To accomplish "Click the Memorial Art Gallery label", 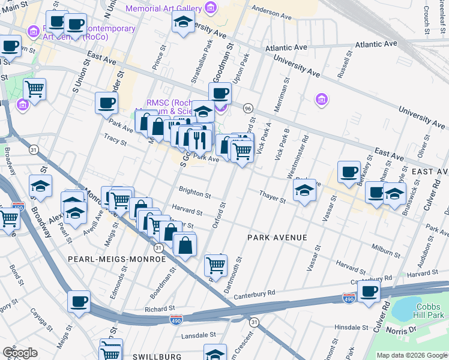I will (163, 8).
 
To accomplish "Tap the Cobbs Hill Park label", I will (430, 310).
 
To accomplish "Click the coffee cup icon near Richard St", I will (79, 301).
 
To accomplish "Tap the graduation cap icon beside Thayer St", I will (304, 191).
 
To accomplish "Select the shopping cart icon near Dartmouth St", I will (215, 264).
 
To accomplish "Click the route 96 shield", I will (247, 108).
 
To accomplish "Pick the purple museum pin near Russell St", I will (321, 98).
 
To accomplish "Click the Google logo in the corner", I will (20, 353).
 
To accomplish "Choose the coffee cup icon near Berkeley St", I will (349, 172).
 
